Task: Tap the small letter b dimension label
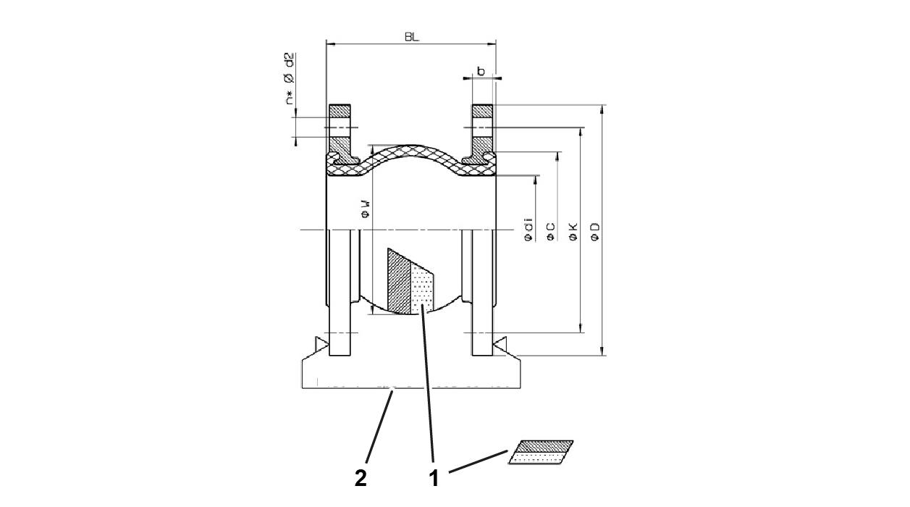click(481, 71)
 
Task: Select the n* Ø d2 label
click(289, 78)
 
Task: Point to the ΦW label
click(366, 209)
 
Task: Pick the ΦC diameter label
click(551, 231)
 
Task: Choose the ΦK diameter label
click(573, 231)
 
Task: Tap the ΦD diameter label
click(595, 231)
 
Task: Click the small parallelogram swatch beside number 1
click(541, 452)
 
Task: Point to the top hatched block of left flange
click(340, 112)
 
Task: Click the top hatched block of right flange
click(483, 112)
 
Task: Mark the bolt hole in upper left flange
click(340, 128)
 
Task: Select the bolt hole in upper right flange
click(483, 128)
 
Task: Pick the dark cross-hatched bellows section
click(399, 282)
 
